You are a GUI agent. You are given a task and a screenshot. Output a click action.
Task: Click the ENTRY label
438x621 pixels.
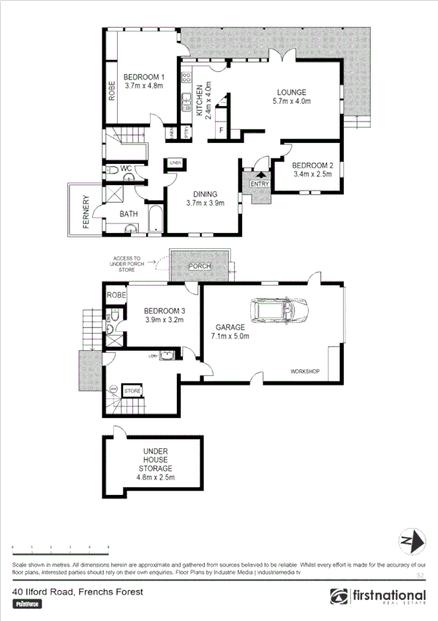click(260, 184)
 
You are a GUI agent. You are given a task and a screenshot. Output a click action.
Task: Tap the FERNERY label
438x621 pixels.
click(86, 212)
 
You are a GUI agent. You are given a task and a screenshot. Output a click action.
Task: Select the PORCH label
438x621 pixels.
click(200, 267)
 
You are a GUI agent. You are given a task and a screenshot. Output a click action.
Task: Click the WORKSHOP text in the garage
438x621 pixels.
click(305, 372)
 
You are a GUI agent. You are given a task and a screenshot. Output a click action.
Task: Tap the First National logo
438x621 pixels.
click(380, 597)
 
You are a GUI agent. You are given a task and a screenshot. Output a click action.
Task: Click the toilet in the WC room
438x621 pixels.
click(111, 170)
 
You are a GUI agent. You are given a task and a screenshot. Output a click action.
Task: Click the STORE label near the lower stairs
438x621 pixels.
click(132, 392)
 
